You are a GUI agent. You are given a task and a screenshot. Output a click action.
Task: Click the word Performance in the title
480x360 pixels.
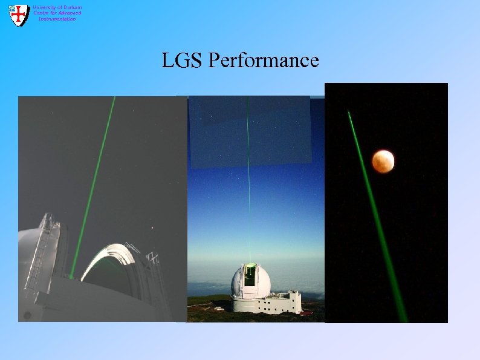pos(264,60)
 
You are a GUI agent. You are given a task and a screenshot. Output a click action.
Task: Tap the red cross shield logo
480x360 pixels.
pos(19,15)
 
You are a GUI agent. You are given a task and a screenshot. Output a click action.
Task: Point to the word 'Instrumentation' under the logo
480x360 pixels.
pos(57,19)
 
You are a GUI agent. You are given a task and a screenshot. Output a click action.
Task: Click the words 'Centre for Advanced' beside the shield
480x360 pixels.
pos(57,13)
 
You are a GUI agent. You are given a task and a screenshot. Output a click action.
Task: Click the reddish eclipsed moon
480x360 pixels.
pos(383,160)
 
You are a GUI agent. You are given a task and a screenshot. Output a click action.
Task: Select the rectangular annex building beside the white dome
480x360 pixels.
pos(285,301)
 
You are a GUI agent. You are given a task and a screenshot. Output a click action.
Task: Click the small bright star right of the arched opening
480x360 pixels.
pos(152,228)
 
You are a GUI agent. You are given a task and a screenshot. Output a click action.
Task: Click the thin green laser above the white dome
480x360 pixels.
pos(248,182)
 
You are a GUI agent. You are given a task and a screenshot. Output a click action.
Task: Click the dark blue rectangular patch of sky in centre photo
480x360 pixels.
pos(250,130)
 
